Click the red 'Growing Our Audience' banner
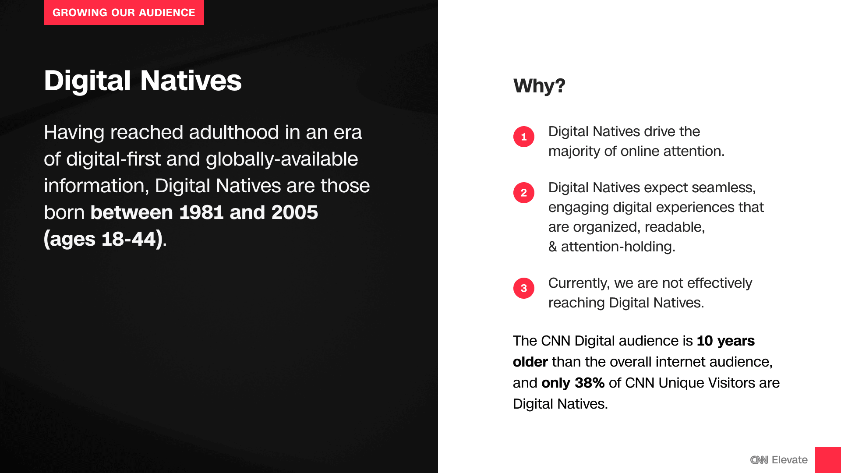click(x=124, y=12)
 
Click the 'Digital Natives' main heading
click(x=143, y=81)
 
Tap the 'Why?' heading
click(x=539, y=86)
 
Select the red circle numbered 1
click(x=524, y=137)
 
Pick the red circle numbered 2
click(x=524, y=193)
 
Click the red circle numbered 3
click(x=524, y=288)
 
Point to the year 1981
click(x=201, y=212)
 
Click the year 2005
click(x=295, y=212)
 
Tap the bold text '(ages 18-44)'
click(x=103, y=239)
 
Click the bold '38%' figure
click(x=590, y=383)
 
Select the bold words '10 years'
click(x=726, y=341)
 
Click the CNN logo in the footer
click(x=759, y=460)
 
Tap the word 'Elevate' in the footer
click(x=790, y=460)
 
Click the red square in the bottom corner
click(x=828, y=460)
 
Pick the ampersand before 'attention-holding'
click(x=553, y=247)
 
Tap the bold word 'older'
click(x=530, y=362)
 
